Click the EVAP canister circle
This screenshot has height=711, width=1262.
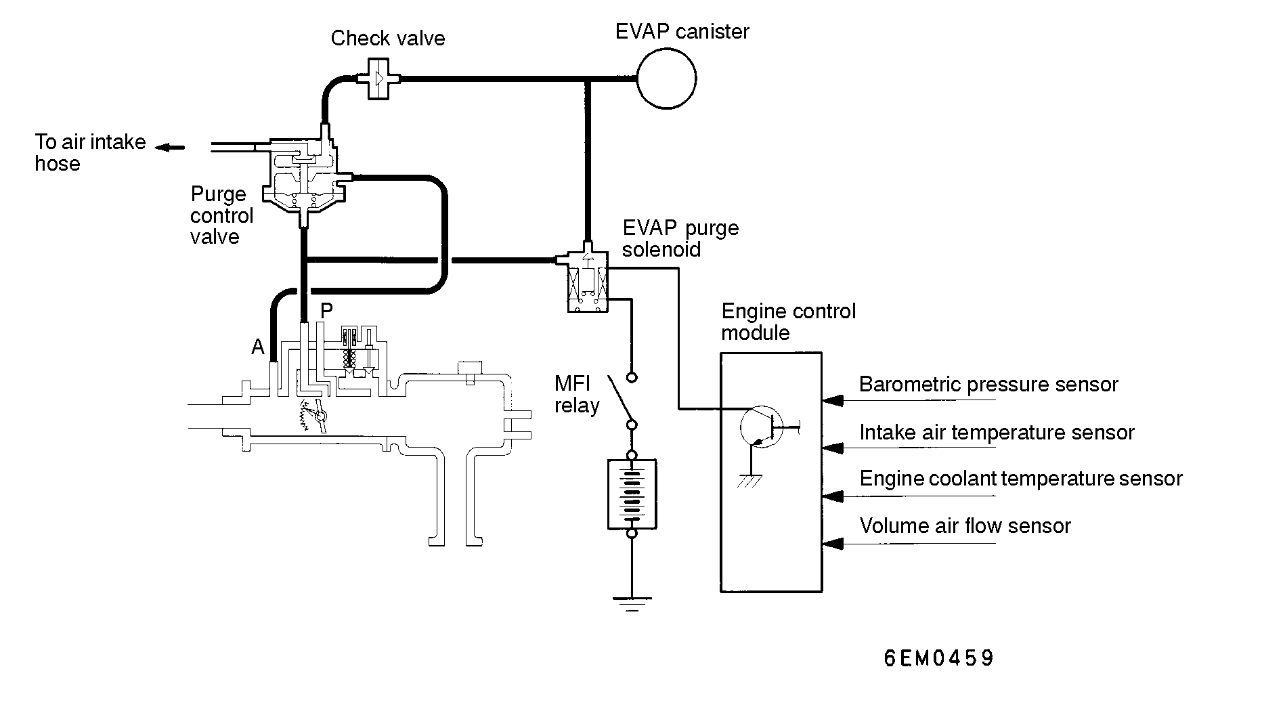(x=666, y=79)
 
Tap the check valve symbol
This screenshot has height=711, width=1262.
(x=379, y=79)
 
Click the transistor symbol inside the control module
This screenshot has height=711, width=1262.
(x=760, y=427)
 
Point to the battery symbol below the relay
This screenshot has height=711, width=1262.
(x=632, y=494)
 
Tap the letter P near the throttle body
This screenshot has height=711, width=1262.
(x=326, y=311)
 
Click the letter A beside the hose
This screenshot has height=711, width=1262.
(x=257, y=347)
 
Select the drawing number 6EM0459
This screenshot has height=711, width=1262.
(x=939, y=658)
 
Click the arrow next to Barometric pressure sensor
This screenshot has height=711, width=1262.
(x=833, y=400)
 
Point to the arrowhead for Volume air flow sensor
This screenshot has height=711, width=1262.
(x=833, y=543)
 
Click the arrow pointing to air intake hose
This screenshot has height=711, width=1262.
(x=169, y=147)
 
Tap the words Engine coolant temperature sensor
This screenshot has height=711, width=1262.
(x=1020, y=479)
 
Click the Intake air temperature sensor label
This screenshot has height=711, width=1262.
(x=997, y=433)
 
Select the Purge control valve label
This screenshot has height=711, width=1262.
(x=221, y=215)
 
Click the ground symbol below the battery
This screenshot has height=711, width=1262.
(x=632, y=603)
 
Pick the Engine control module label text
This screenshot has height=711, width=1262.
(x=788, y=322)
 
